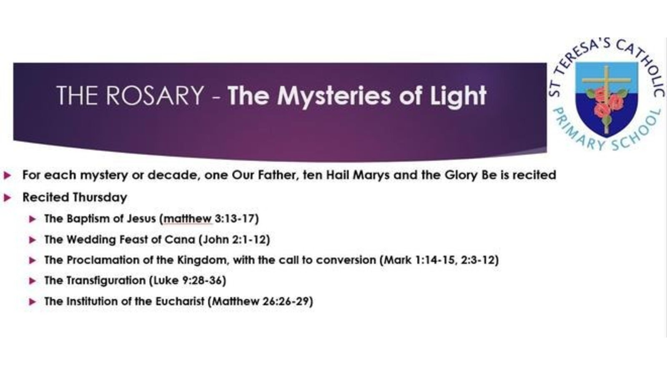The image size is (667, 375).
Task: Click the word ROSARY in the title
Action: click(x=155, y=95)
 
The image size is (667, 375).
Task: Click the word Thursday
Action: click(x=100, y=197)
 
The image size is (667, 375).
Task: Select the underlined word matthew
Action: click(x=188, y=219)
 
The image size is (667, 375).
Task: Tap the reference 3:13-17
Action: click(x=235, y=219)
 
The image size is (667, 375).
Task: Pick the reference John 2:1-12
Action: click(x=234, y=240)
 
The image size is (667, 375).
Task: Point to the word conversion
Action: click(x=346, y=260)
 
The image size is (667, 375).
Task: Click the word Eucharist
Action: click(x=180, y=302)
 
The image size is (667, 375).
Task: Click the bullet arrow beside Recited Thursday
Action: click(x=8, y=197)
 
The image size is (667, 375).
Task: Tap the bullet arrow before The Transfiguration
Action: click(x=33, y=281)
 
